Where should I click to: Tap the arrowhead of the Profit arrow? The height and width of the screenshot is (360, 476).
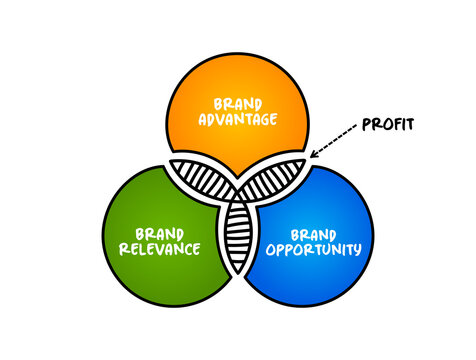click(313, 154)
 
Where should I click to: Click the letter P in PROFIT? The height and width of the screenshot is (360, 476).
click(366, 126)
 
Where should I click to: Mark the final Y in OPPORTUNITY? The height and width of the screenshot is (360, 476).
click(357, 248)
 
